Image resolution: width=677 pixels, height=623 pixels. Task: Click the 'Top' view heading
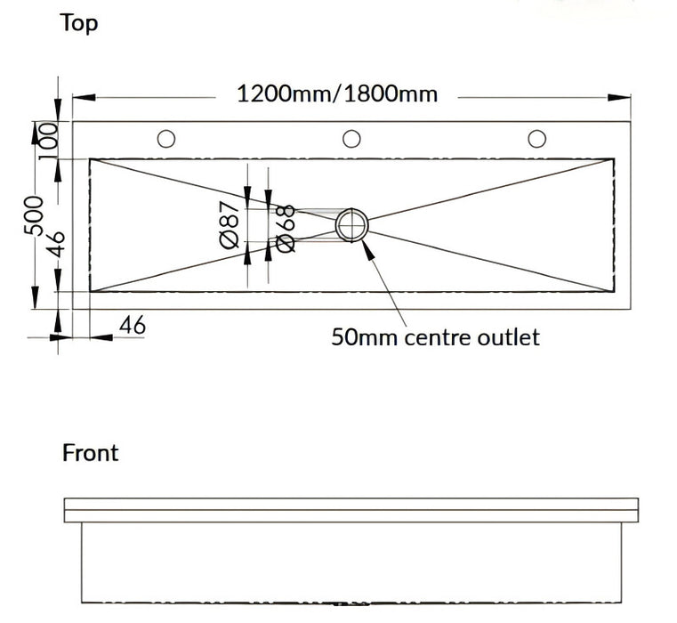coord(79,23)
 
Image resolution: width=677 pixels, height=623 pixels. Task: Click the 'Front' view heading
coord(90,452)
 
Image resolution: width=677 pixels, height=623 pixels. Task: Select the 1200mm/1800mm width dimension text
coord(337,93)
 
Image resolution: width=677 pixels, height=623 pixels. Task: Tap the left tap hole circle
coord(166,138)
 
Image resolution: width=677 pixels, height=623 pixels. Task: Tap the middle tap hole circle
coord(351,138)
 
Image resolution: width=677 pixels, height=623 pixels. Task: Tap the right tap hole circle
coord(536,138)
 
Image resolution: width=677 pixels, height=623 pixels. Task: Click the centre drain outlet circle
coord(352,224)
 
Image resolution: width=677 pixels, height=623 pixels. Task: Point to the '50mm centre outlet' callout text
coord(435,337)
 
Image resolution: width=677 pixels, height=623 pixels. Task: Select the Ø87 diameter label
coord(229,225)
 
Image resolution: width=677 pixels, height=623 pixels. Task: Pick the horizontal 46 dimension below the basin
coord(132,326)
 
